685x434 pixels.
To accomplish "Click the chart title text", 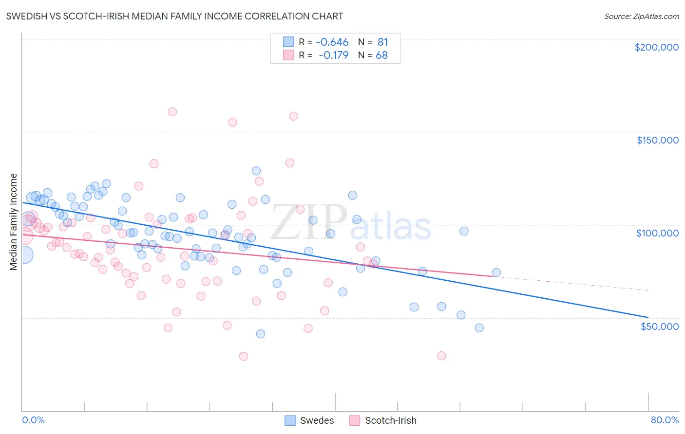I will coord(175,16).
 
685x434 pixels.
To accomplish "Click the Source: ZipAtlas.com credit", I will coord(641,16).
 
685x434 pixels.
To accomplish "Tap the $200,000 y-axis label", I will coord(656,47).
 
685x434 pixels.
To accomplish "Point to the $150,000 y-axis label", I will coord(657,140).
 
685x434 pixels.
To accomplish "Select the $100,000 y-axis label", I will coord(657,233).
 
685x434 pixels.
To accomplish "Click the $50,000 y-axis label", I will coord(659,326).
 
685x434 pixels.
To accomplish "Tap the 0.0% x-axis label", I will coord(33,420).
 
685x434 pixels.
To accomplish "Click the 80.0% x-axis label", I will coord(665,420).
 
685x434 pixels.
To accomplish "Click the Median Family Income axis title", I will coord(13,222).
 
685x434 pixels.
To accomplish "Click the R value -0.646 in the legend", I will coord(332,42).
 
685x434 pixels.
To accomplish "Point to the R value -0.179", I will coord(333,55).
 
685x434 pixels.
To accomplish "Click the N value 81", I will coord(382,42).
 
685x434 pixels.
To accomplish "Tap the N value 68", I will coord(381,55).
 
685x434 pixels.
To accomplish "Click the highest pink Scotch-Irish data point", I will coord(172,112).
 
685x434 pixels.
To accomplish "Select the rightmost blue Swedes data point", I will coord(496,272).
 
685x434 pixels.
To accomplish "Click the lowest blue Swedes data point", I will coord(261,334).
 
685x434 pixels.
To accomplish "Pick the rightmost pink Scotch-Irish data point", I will coord(441,356).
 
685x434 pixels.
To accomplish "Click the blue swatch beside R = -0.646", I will coord(289,42).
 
